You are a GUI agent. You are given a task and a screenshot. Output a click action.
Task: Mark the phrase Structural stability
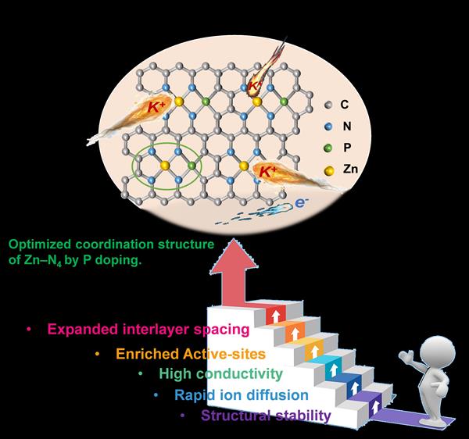266,416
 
